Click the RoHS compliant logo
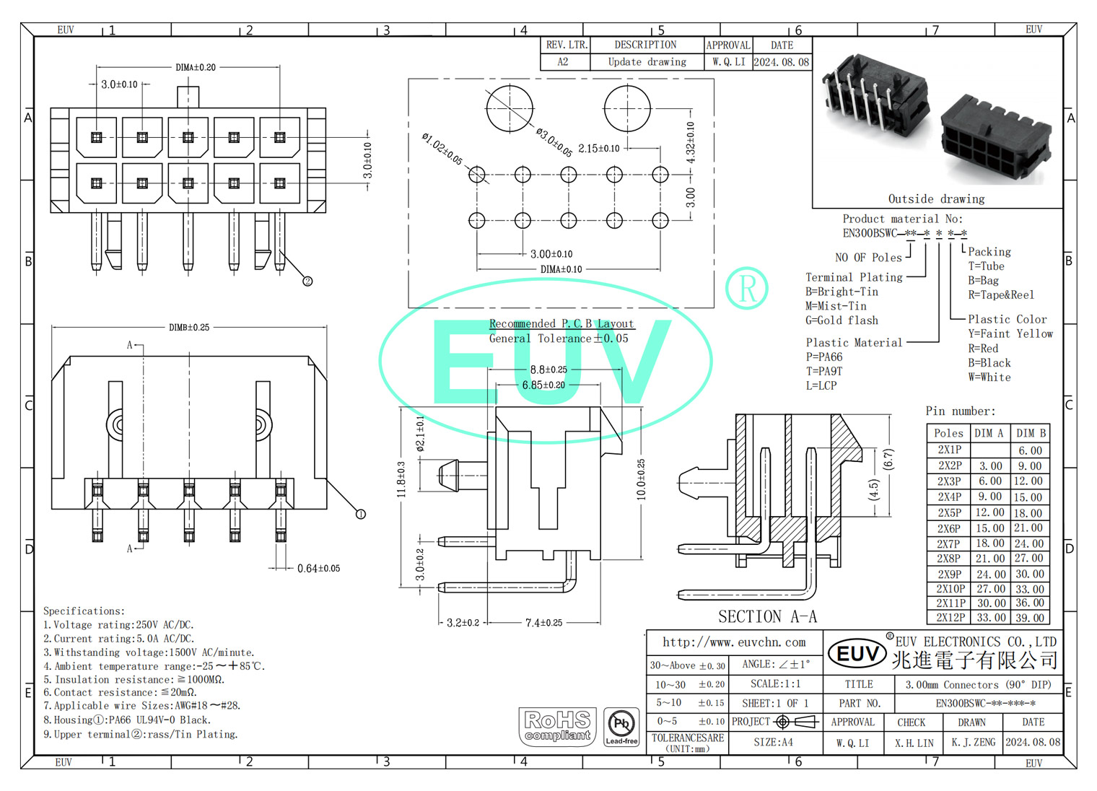[557, 726]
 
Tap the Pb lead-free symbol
[621, 726]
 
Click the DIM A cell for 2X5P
[990, 512]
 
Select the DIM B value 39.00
[1030, 618]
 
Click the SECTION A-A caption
[767, 616]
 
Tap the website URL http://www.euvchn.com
[734, 642]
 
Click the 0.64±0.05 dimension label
[318, 569]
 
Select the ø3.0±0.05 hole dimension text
[554, 141]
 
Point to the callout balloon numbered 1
[361, 514]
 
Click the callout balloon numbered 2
[307, 281]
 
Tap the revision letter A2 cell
[563, 62]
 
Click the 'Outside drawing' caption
[936, 198]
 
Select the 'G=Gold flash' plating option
[842, 320]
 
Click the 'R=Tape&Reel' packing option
[1001, 294]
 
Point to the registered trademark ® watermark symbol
[746, 288]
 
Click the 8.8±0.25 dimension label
[548, 370]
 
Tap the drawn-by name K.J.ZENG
[973, 742]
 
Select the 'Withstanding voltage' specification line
[149, 652]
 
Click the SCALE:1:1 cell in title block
[775, 683]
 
